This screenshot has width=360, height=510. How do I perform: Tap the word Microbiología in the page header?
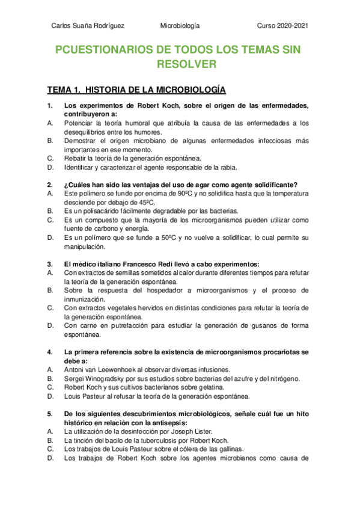point(180,26)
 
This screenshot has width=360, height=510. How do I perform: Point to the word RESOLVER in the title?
point(180,64)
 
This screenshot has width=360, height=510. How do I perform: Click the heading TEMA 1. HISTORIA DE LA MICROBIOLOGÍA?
point(136,90)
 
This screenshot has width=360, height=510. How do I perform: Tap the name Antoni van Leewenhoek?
point(100,369)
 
